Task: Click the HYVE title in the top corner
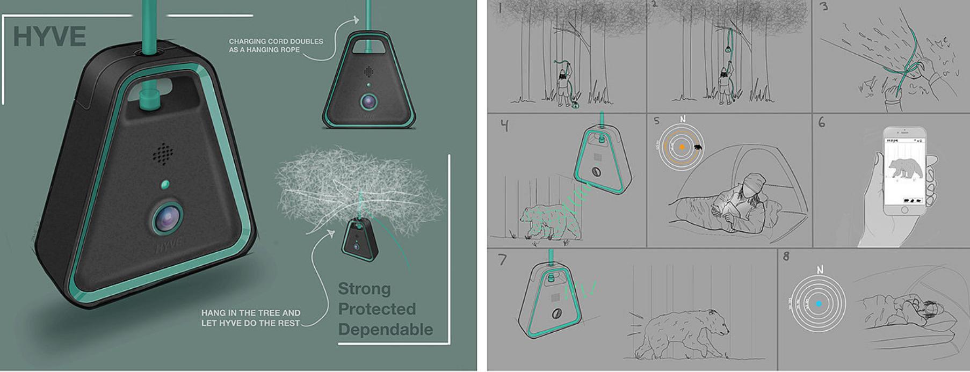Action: pos(49,37)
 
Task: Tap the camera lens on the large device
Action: pos(168,217)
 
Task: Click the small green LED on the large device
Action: pos(165,185)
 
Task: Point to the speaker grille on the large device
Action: pos(163,154)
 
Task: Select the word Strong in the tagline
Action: pos(364,289)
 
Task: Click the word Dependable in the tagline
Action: pos(385,329)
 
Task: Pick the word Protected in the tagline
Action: pos(377,309)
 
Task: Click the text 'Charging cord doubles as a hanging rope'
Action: pos(276,45)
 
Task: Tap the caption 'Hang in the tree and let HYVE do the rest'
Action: pos(250,318)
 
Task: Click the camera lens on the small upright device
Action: pos(368,101)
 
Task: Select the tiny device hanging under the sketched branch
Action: pos(359,239)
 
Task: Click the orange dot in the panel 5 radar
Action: pos(682,147)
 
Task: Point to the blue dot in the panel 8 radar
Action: pos(819,304)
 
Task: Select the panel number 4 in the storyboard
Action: pos(504,126)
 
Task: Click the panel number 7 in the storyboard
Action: pos(502,260)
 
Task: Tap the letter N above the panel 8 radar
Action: pos(820,269)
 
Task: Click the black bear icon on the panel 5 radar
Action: pos(698,147)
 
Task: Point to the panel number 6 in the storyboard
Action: pos(822,123)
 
